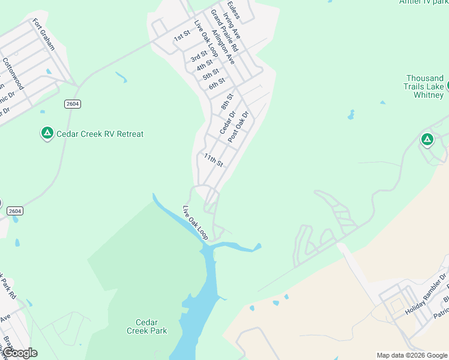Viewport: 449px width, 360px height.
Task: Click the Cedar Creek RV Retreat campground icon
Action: pos(47,133)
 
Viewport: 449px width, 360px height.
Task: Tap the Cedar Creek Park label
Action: pos(146,326)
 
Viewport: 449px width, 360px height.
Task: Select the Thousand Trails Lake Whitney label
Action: pos(424,86)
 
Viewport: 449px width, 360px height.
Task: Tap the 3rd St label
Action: pos(198,57)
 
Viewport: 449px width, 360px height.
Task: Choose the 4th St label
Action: pos(204,65)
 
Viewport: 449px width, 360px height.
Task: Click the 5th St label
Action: pos(211,74)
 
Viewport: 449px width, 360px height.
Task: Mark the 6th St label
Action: pos(217,83)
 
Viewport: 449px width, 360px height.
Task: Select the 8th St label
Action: pos(226,100)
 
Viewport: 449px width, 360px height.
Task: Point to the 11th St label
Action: pos(213,160)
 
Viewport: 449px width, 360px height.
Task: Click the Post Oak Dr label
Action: pos(238,126)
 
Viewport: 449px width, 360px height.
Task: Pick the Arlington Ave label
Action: pos(223,47)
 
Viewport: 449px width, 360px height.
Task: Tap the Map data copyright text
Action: pos(412,355)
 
